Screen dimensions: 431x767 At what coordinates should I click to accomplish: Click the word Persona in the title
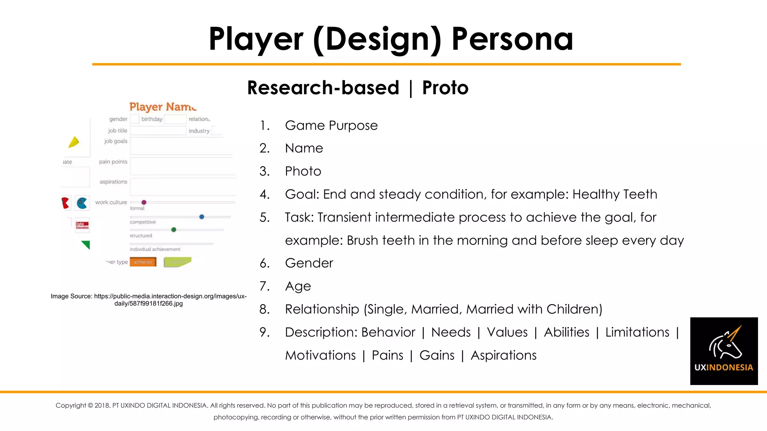(x=512, y=39)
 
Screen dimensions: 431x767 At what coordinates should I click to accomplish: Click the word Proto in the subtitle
(x=445, y=88)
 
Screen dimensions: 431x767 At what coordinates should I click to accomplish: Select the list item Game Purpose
(x=331, y=125)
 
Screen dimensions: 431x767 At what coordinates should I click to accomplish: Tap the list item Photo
(x=303, y=171)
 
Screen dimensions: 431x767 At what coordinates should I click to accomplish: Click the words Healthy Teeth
(x=615, y=194)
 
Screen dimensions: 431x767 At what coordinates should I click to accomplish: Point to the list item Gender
(x=309, y=263)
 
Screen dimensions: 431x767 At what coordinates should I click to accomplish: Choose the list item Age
(x=298, y=286)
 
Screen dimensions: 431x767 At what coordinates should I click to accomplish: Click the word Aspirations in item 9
(x=503, y=355)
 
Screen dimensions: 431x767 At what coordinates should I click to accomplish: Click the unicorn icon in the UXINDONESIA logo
(x=725, y=342)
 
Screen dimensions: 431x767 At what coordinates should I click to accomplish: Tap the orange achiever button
(x=143, y=262)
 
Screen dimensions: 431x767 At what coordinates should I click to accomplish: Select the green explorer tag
(x=178, y=262)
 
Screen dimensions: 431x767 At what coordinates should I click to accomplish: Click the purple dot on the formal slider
(x=144, y=202)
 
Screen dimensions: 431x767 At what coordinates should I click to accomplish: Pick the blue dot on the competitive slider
(x=202, y=217)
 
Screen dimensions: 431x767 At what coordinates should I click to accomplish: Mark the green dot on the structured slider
(x=174, y=230)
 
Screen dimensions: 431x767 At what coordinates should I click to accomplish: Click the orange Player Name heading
(x=163, y=107)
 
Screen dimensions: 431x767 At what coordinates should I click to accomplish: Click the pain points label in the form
(x=113, y=162)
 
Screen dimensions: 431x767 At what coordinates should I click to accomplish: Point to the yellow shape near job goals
(x=74, y=142)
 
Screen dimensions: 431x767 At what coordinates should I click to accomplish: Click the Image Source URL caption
(x=149, y=300)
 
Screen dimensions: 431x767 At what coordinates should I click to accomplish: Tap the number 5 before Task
(x=264, y=217)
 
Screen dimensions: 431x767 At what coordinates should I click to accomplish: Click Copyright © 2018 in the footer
(x=82, y=406)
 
